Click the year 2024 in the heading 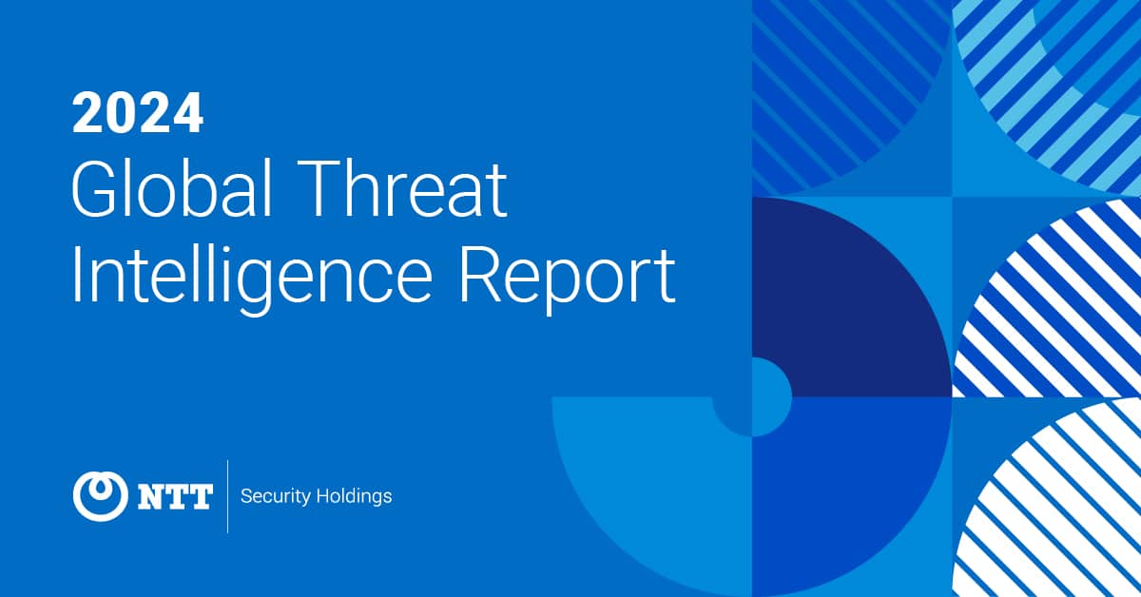(x=138, y=113)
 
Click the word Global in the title (x=172, y=188)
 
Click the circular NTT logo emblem (x=101, y=496)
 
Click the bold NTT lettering (x=175, y=497)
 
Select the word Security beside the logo (x=276, y=496)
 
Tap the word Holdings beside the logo (x=354, y=496)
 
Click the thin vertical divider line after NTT (x=227, y=496)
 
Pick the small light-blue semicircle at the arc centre (x=772, y=396)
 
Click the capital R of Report (x=482, y=277)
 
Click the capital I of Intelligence (x=76, y=277)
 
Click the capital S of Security (x=247, y=496)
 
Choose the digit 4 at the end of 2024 (x=187, y=113)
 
